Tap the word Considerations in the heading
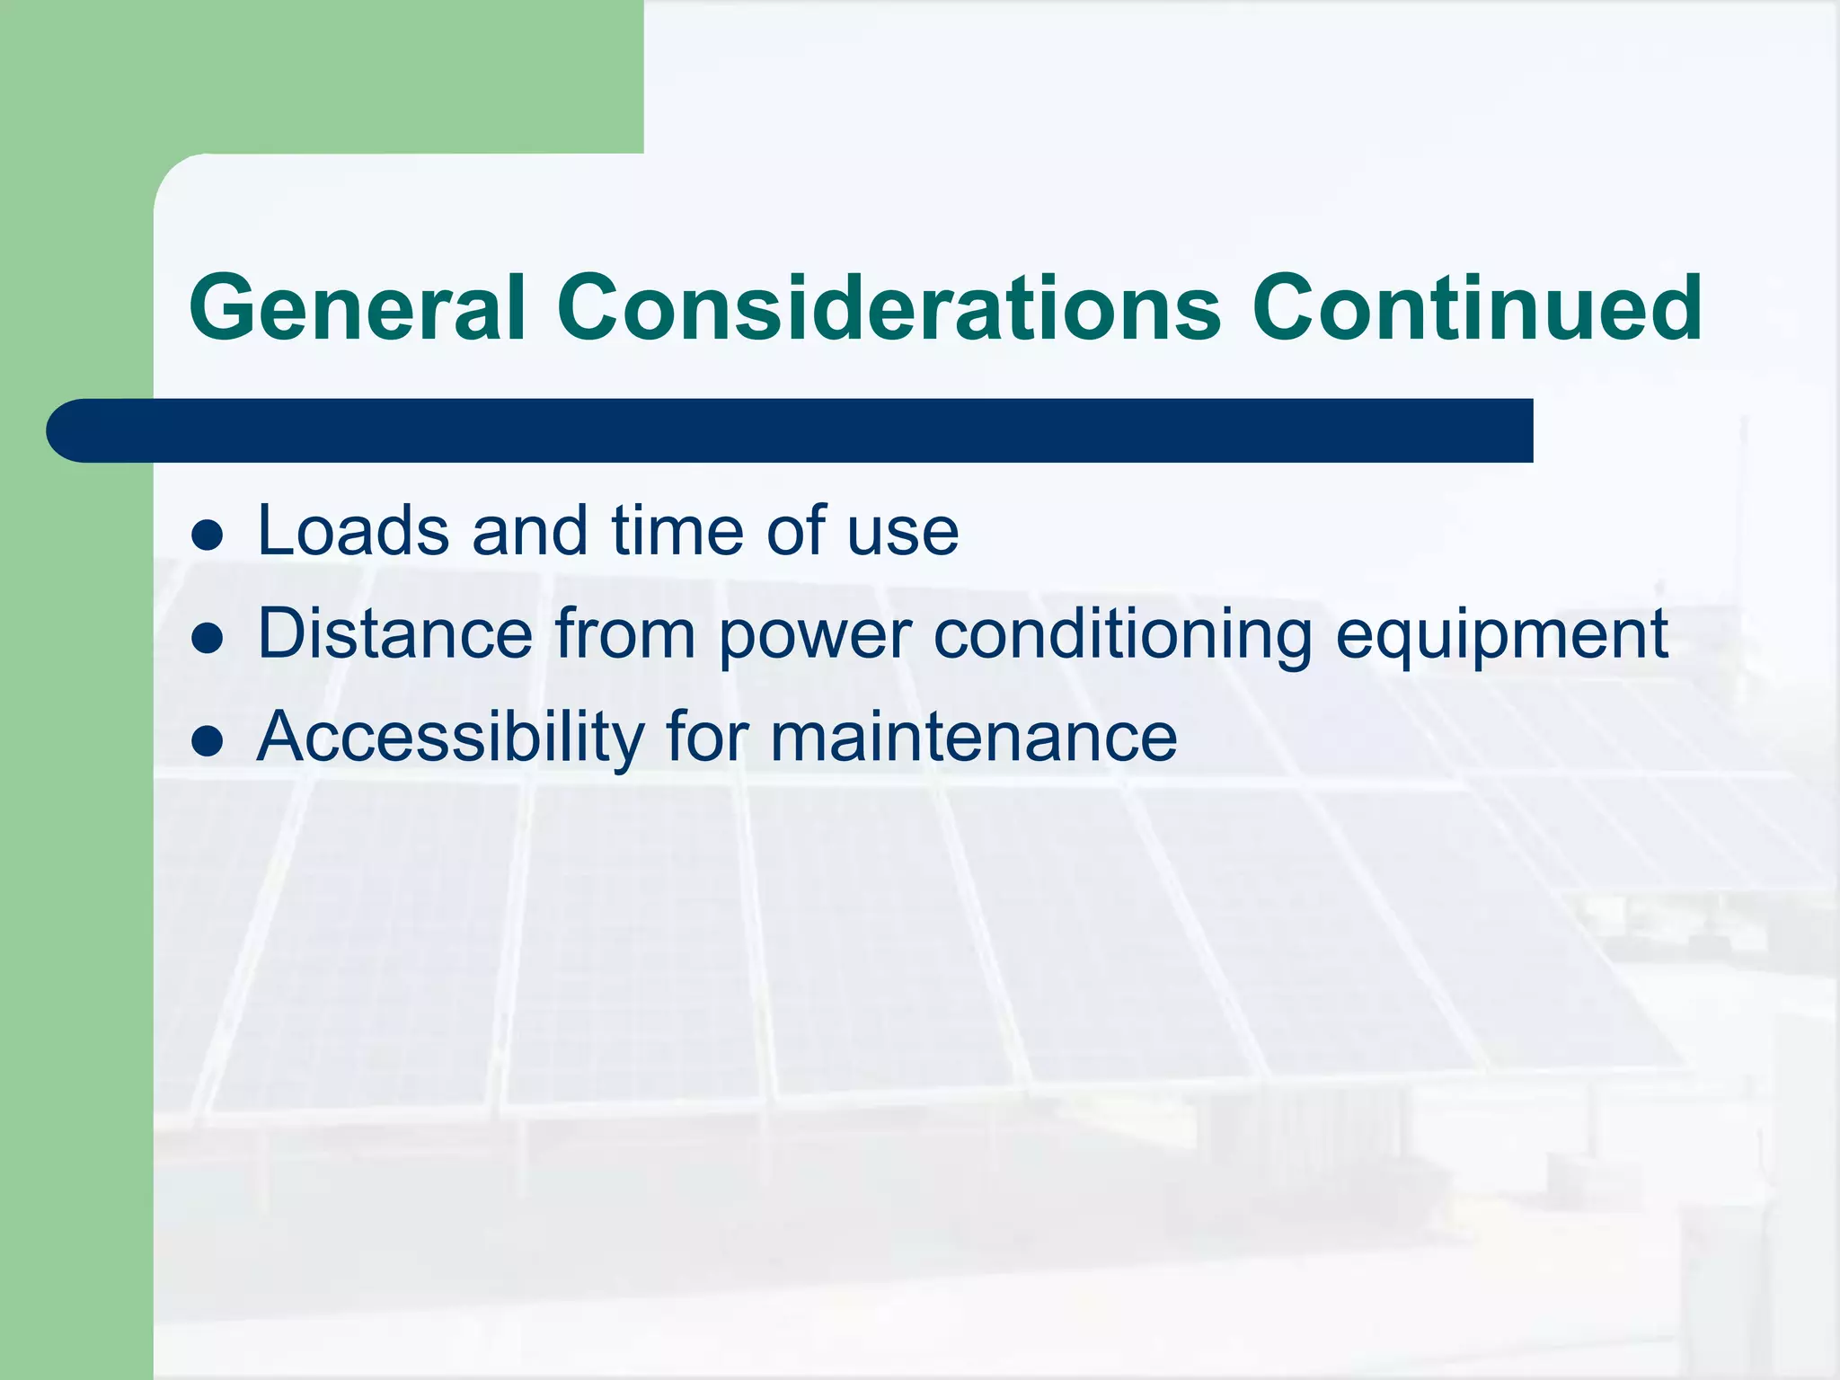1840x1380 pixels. (x=889, y=308)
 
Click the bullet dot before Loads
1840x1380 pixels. (x=208, y=535)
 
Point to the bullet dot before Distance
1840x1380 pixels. (x=208, y=639)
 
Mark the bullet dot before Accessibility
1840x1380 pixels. (x=208, y=742)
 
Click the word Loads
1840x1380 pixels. (x=353, y=531)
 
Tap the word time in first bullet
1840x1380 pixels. (x=677, y=531)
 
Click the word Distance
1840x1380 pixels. (x=395, y=634)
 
